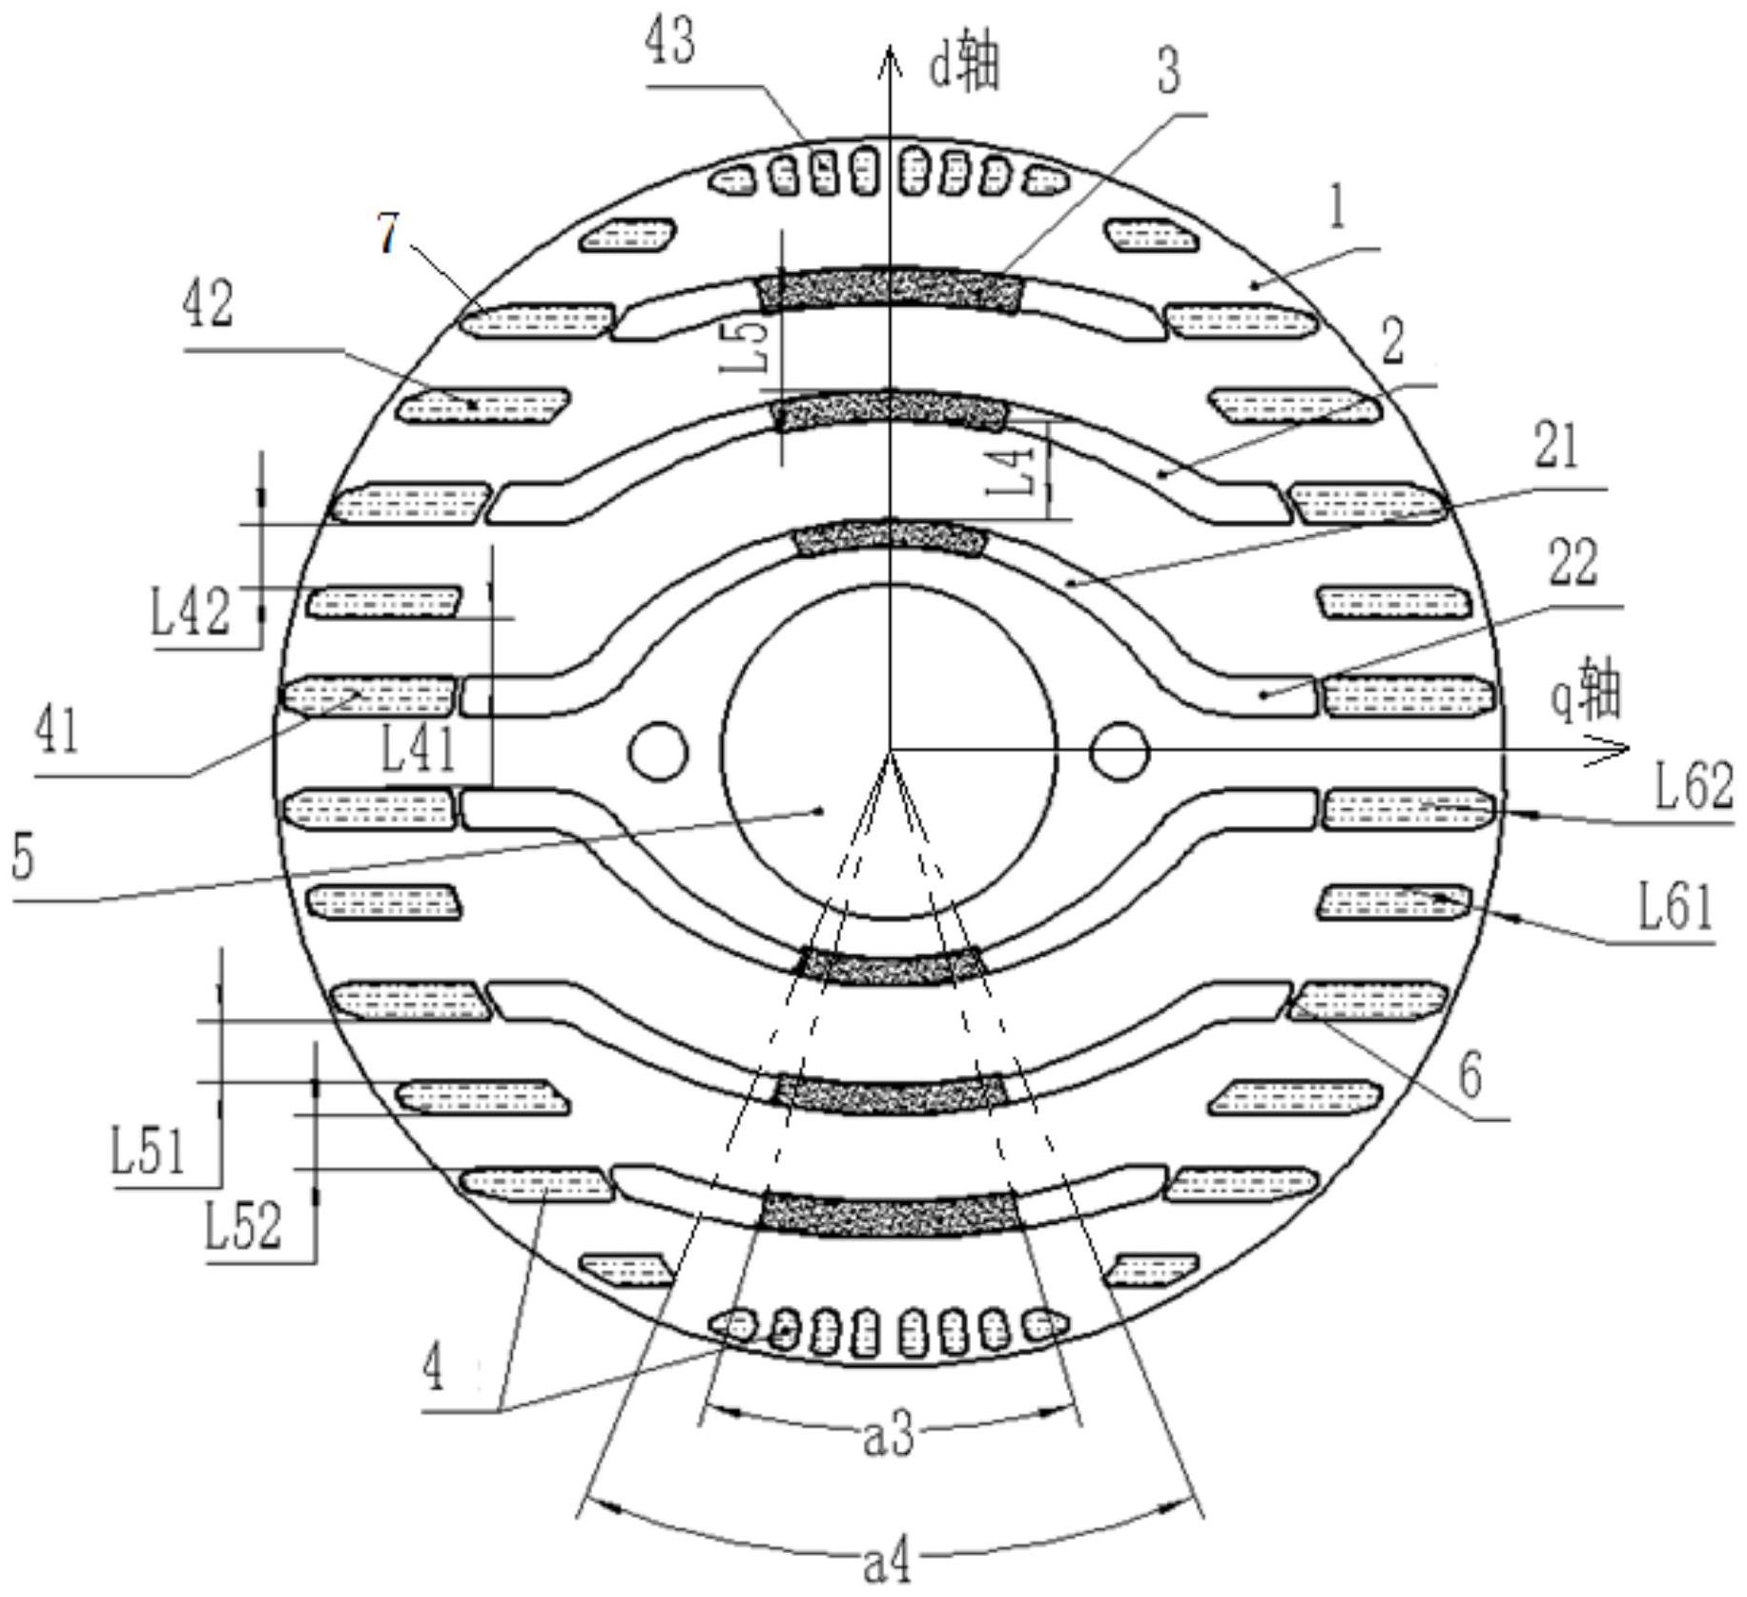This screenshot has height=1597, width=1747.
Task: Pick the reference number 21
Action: (x=1557, y=446)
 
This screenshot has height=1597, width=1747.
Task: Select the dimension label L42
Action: (x=191, y=612)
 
